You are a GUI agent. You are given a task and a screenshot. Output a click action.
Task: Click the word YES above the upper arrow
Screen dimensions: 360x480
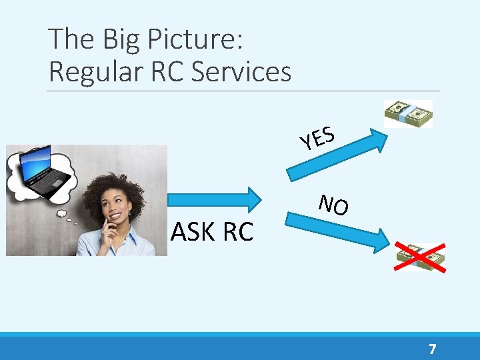click(x=317, y=137)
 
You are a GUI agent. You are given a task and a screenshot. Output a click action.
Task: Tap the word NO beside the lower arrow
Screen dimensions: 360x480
click(x=333, y=205)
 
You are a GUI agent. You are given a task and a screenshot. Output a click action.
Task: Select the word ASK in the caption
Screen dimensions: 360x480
click(x=193, y=232)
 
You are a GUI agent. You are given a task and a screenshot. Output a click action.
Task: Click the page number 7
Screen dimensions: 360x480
click(x=433, y=349)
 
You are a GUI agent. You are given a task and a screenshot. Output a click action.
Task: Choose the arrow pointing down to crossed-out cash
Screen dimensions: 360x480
click(x=337, y=228)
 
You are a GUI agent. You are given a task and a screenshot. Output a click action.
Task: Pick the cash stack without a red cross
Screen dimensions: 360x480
click(x=408, y=113)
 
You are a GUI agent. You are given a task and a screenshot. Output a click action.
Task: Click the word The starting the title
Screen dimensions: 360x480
click(x=71, y=39)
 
